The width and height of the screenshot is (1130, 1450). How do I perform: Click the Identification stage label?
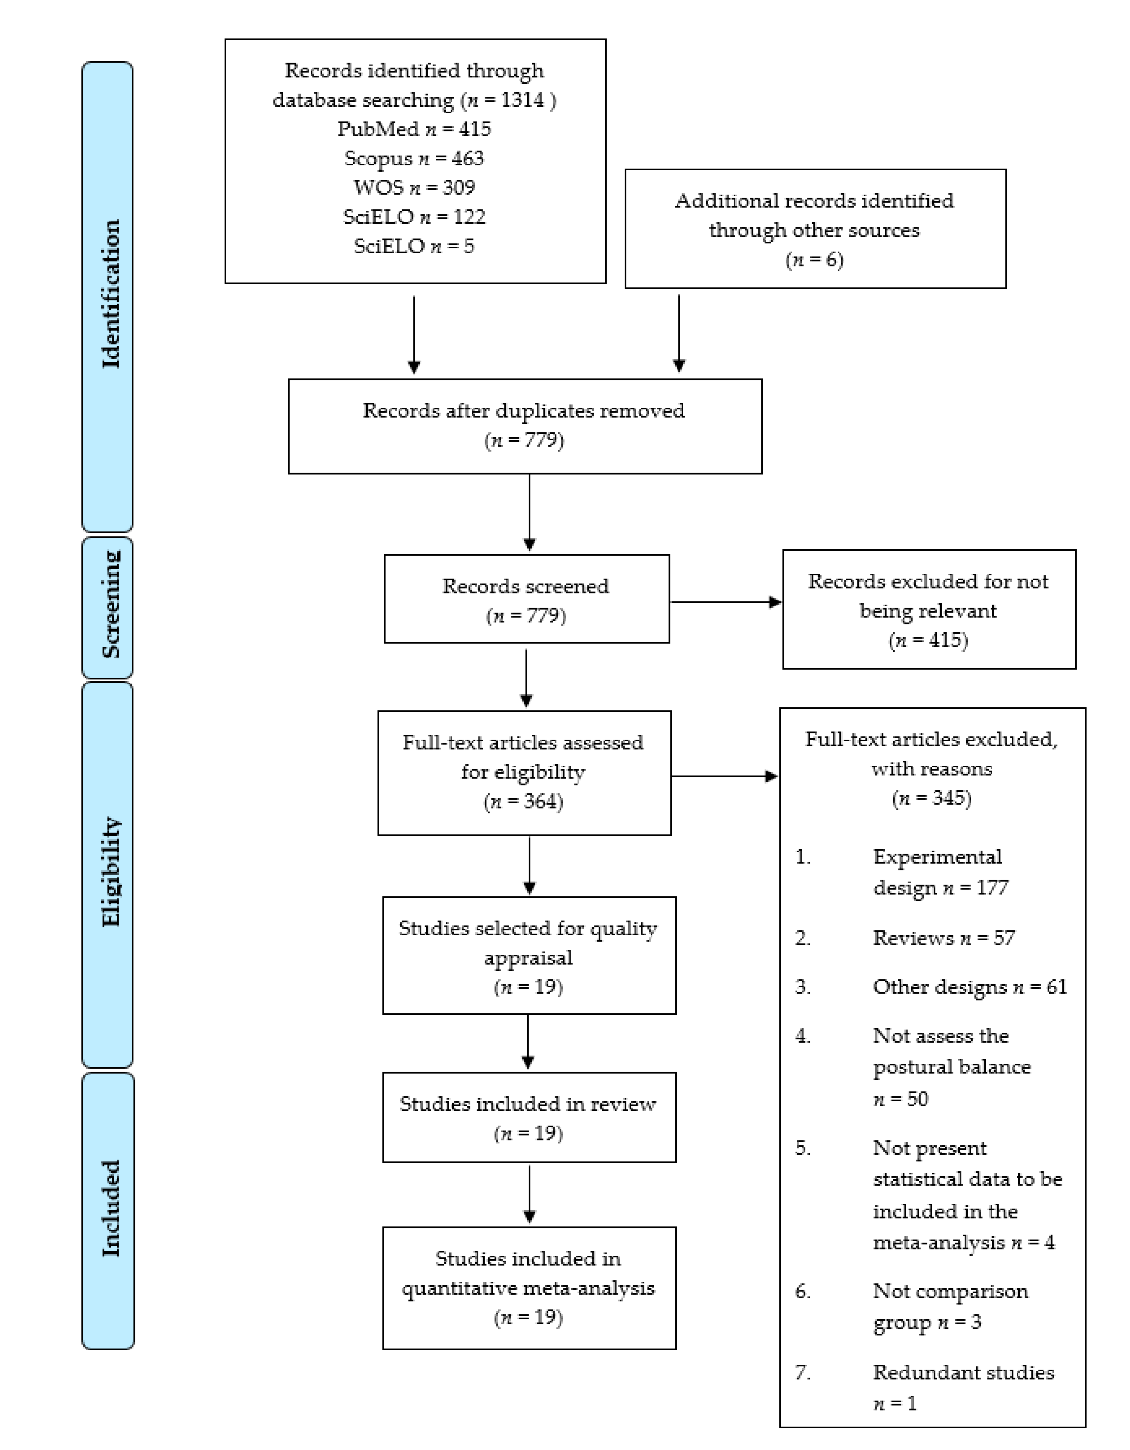(110, 294)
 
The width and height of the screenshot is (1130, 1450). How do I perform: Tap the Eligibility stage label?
(110, 872)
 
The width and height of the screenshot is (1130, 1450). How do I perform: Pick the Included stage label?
(110, 1208)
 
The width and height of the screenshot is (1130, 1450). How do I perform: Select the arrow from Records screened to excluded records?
(725, 602)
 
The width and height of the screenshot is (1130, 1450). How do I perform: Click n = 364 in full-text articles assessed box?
(523, 801)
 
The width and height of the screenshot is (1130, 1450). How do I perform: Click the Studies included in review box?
(529, 1117)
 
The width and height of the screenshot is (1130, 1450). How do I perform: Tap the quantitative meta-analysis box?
(529, 1287)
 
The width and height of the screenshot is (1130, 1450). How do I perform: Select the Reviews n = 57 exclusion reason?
(943, 938)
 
